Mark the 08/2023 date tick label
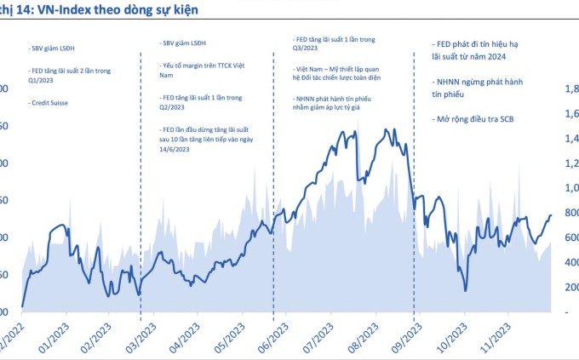[362, 334]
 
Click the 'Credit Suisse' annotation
[49, 102]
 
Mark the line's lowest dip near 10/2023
[466, 290]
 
